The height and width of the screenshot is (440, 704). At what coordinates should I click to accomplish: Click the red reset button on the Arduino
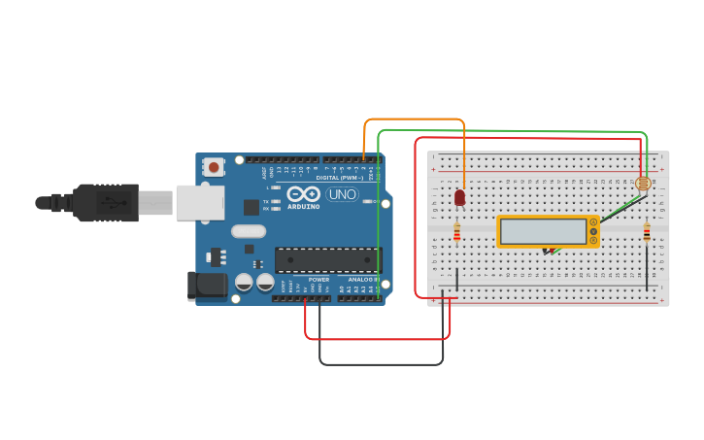click(214, 167)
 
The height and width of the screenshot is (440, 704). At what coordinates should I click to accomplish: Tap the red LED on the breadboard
click(459, 197)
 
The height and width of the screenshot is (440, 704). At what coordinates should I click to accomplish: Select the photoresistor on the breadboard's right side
click(642, 183)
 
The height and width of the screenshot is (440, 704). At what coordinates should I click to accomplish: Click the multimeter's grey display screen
click(544, 231)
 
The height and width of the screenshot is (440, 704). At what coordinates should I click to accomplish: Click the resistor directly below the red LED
click(457, 232)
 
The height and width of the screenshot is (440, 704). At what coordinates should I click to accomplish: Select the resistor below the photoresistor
click(647, 232)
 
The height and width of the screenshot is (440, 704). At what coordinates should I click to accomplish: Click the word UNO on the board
click(341, 194)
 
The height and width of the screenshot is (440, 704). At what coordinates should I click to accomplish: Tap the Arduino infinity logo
click(303, 194)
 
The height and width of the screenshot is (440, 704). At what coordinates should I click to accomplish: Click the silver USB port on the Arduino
click(199, 202)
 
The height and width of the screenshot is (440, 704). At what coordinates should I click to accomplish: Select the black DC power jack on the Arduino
click(206, 285)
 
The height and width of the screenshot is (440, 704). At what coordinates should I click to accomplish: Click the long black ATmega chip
click(327, 259)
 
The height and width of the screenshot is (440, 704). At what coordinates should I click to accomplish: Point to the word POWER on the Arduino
click(318, 280)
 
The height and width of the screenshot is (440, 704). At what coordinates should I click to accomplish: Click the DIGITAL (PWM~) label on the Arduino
click(339, 178)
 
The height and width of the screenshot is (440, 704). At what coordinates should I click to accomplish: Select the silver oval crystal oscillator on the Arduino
click(249, 231)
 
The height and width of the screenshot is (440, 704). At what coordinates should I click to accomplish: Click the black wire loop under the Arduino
click(381, 364)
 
